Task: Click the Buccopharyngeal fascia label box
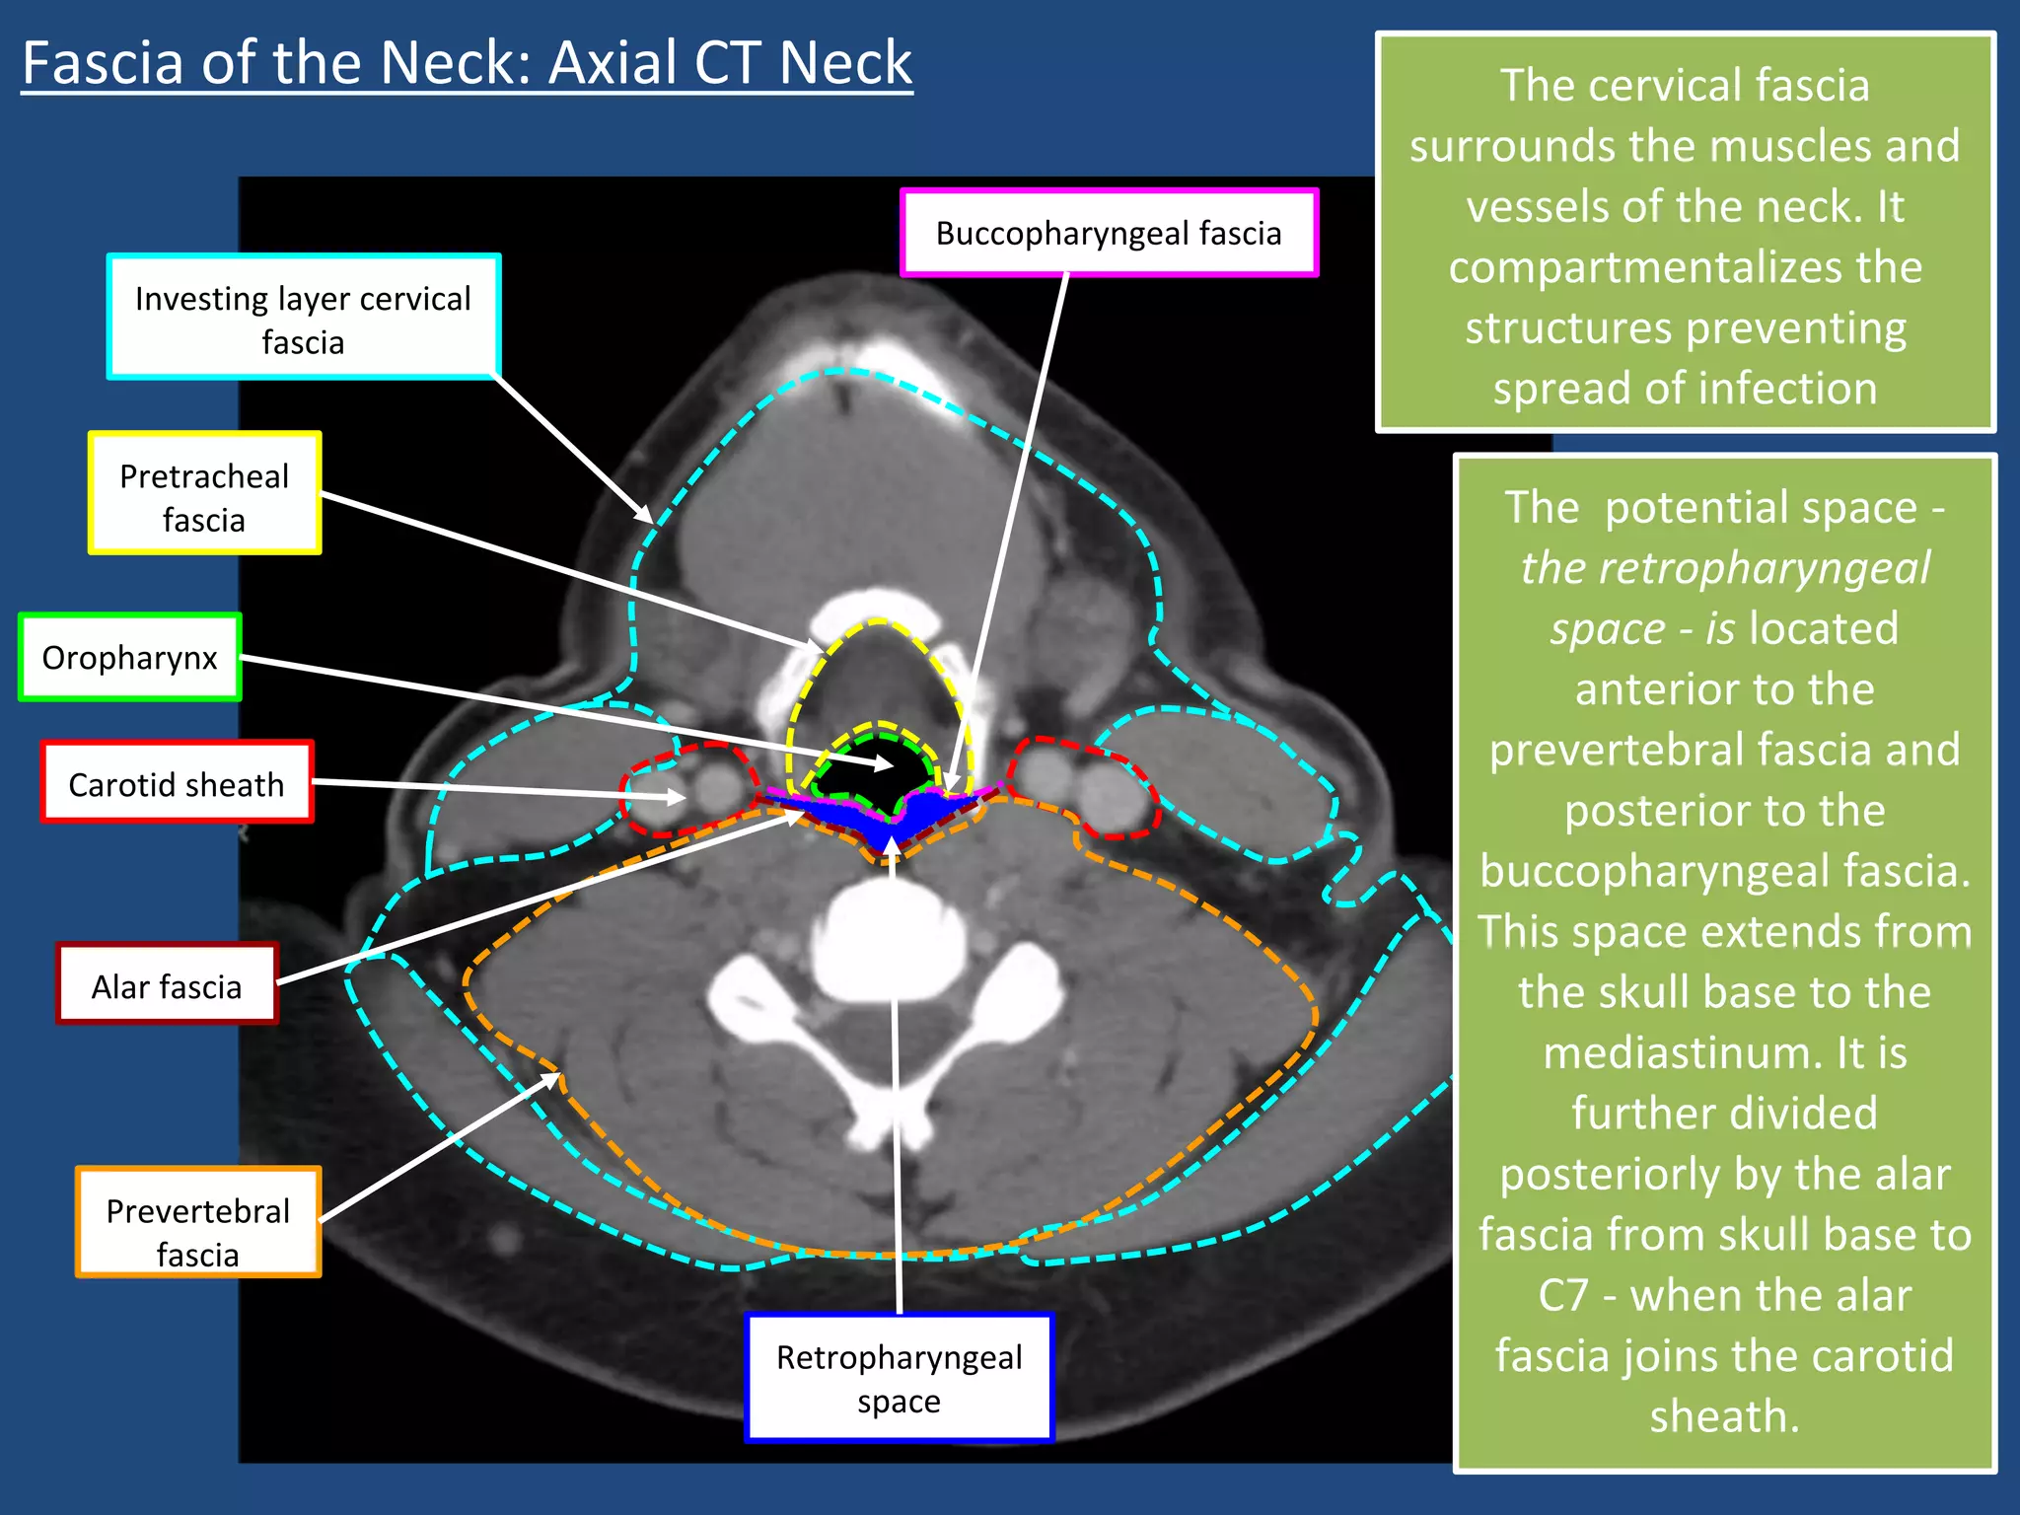(1109, 233)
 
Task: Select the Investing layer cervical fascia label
(303, 318)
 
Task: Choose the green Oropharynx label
(129, 658)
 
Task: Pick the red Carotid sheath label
(177, 783)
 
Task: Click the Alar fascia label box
(167, 985)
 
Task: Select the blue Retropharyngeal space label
(899, 1378)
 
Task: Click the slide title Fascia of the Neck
(467, 63)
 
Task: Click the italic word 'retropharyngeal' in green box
(1724, 569)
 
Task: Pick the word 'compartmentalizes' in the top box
(1686, 268)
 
